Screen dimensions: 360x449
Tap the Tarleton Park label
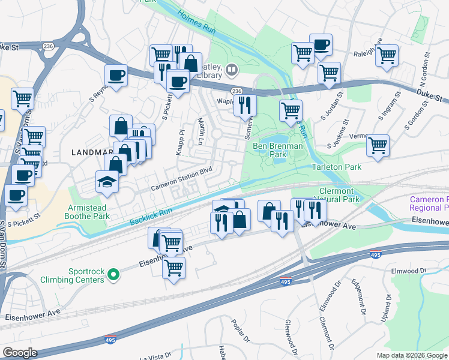tap(336, 167)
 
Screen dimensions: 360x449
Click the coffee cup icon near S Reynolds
tap(116, 76)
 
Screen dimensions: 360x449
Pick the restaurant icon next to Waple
tap(245, 105)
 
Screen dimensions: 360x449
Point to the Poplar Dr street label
tap(239, 331)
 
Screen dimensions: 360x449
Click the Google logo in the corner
tap(20, 353)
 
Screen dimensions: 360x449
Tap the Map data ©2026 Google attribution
tap(412, 355)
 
